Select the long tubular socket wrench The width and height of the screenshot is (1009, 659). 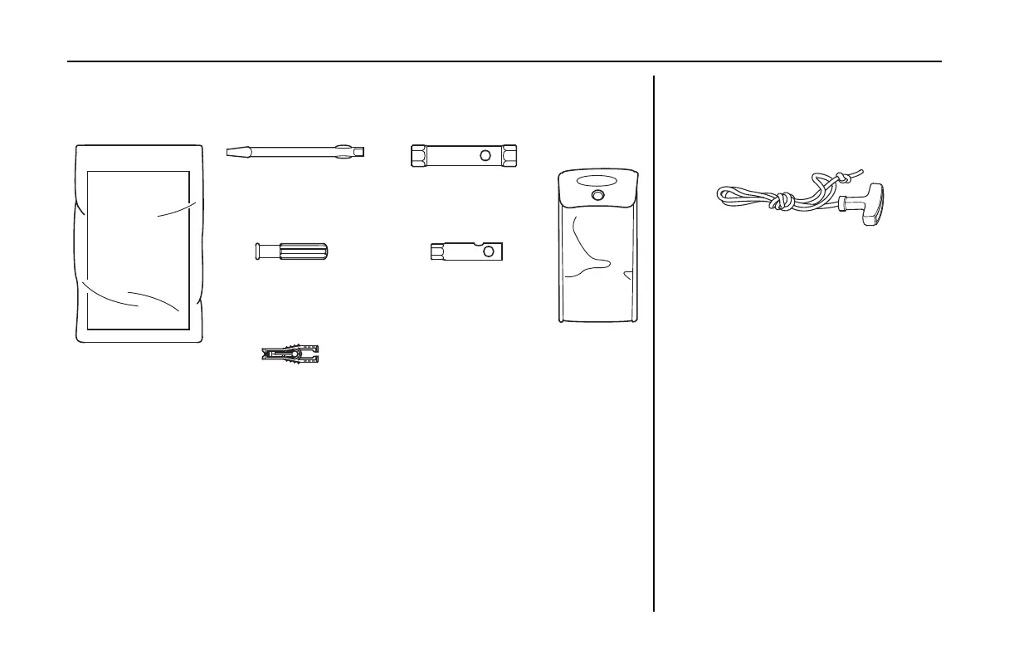pyautogui.click(x=465, y=155)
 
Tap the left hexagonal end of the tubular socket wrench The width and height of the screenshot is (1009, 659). pyautogui.click(x=420, y=155)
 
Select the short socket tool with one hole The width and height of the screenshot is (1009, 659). pyautogui.click(x=470, y=251)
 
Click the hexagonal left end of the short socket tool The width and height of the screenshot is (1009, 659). pyautogui.click(x=436, y=251)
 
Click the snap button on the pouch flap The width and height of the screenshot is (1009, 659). pyautogui.click(x=598, y=196)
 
